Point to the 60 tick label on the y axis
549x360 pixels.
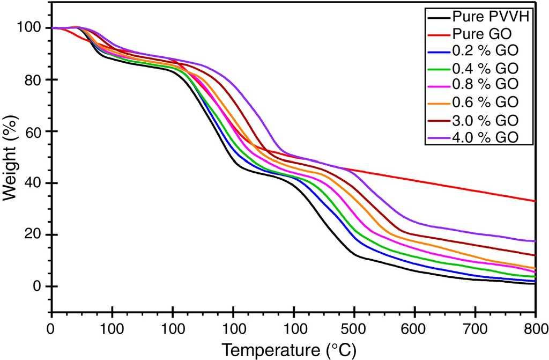(35, 131)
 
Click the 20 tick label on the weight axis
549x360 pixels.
(35, 235)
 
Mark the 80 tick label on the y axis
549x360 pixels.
(35, 80)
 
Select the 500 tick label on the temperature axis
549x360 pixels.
(354, 328)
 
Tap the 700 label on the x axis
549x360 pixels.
(475, 328)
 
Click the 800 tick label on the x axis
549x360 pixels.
(535, 328)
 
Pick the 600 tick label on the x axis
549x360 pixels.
(414, 328)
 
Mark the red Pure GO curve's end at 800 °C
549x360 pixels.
(535, 201)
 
